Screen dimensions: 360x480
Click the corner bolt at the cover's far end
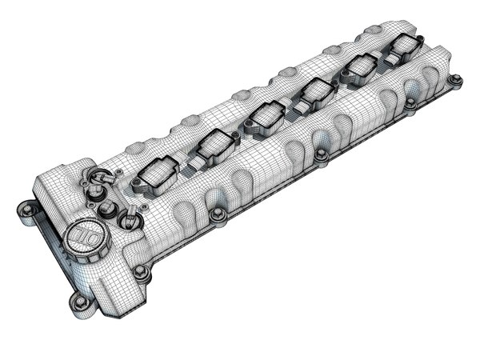pyautogui.click(x=455, y=80)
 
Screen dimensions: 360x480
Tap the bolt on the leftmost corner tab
pyautogui.click(x=25, y=210)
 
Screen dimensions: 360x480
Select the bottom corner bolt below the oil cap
pyautogui.click(x=79, y=301)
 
